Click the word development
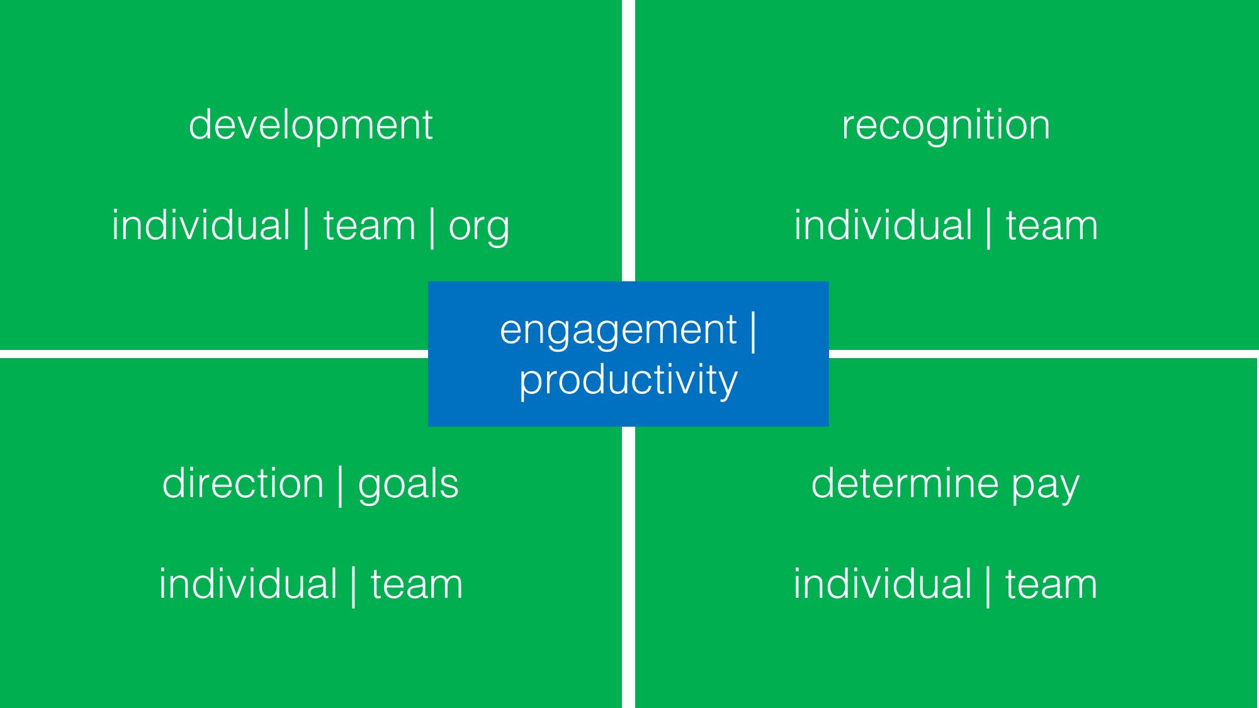(310, 125)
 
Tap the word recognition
(946, 125)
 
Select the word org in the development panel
(478, 227)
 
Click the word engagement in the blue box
(618, 330)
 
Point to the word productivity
(628, 380)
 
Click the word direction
(243, 483)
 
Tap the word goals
(409, 485)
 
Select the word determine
(905, 483)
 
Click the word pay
(1046, 486)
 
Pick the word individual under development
(201, 225)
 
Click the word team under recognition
(1052, 226)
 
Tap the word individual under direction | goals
(248, 584)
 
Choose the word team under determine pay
(1051, 585)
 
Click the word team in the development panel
(370, 226)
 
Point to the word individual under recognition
(883, 225)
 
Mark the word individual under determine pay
(883, 584)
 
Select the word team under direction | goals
(417, 585)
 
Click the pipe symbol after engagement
(753, 331)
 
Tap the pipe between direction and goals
(341, 485)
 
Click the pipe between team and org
(432, 228)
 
